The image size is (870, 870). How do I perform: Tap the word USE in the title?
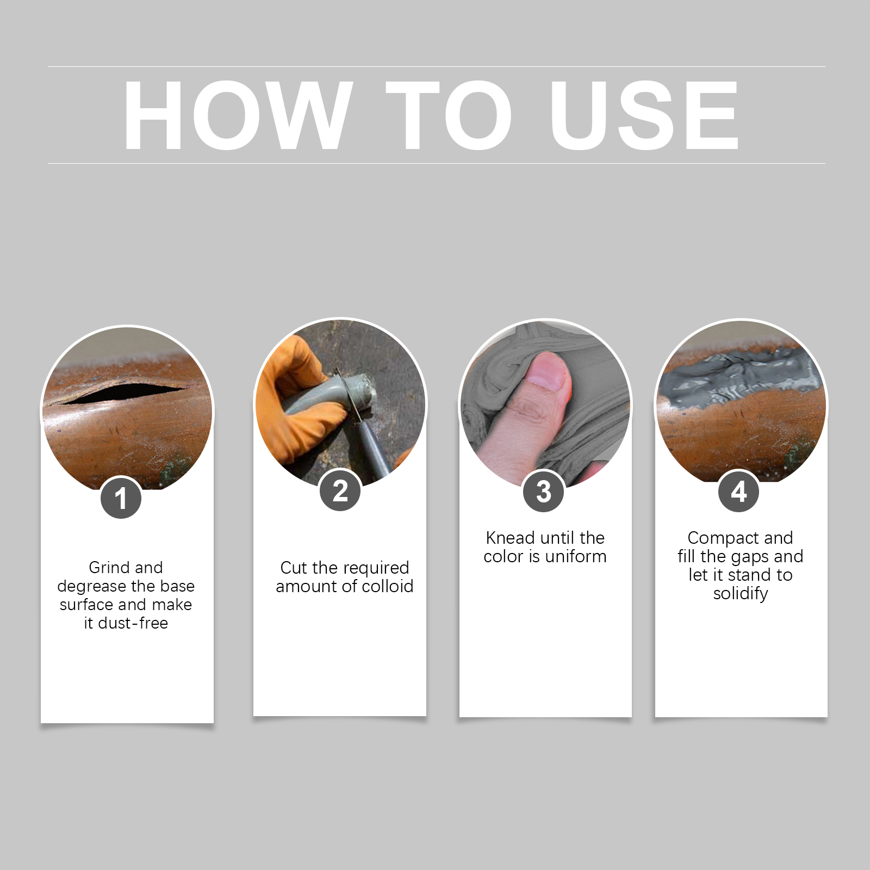tap(644, 115)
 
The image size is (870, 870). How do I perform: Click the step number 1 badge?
tap(121, 498)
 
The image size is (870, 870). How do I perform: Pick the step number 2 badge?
tap(340, 490)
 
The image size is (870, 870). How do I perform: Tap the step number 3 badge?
tap(543, 492)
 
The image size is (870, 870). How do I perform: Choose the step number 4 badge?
tap(738, 492)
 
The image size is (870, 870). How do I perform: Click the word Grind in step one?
tap(109, 568)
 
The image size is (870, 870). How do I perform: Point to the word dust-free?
tap(133, 623)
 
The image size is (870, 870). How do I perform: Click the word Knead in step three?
tap(510, 538)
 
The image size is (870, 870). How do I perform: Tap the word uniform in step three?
tap(575, 556)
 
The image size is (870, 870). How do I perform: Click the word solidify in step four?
tap(741, 594)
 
